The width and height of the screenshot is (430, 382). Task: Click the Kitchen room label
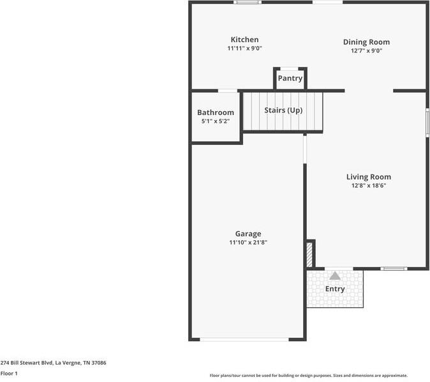tap(244, 40)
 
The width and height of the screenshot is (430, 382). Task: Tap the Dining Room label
tap(366, 42)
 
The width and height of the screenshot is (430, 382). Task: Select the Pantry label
tap(290, 79)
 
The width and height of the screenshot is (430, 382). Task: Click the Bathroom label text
tap(215, 112)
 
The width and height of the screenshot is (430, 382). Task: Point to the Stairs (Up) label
tap(283, 111)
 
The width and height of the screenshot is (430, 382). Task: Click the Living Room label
tap(368, 177)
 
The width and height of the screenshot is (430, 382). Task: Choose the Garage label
tap(248, 234)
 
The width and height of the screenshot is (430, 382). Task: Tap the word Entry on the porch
tap(335, 289)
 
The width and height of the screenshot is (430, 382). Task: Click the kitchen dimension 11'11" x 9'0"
tap(244, 49)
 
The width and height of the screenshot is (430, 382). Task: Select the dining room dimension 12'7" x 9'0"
tap(366, 51)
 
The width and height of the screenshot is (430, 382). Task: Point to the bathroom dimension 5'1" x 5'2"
tap(215, 121)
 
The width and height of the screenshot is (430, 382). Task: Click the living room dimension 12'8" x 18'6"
tap(368, 185)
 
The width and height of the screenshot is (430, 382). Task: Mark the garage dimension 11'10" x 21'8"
tap(248, 243)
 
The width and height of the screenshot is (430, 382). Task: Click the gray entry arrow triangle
tap(335, 276)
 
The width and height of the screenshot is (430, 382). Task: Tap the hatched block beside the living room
tap(310, 254)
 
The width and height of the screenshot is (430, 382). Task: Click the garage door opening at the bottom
tap(244, 339)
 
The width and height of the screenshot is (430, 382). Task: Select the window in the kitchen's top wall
tap(248, 3)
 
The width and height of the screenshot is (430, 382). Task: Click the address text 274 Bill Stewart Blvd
tap(53, 362)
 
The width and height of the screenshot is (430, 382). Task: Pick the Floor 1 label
tap(9, 373)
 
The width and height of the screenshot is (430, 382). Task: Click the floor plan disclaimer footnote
tap(309, 376)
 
